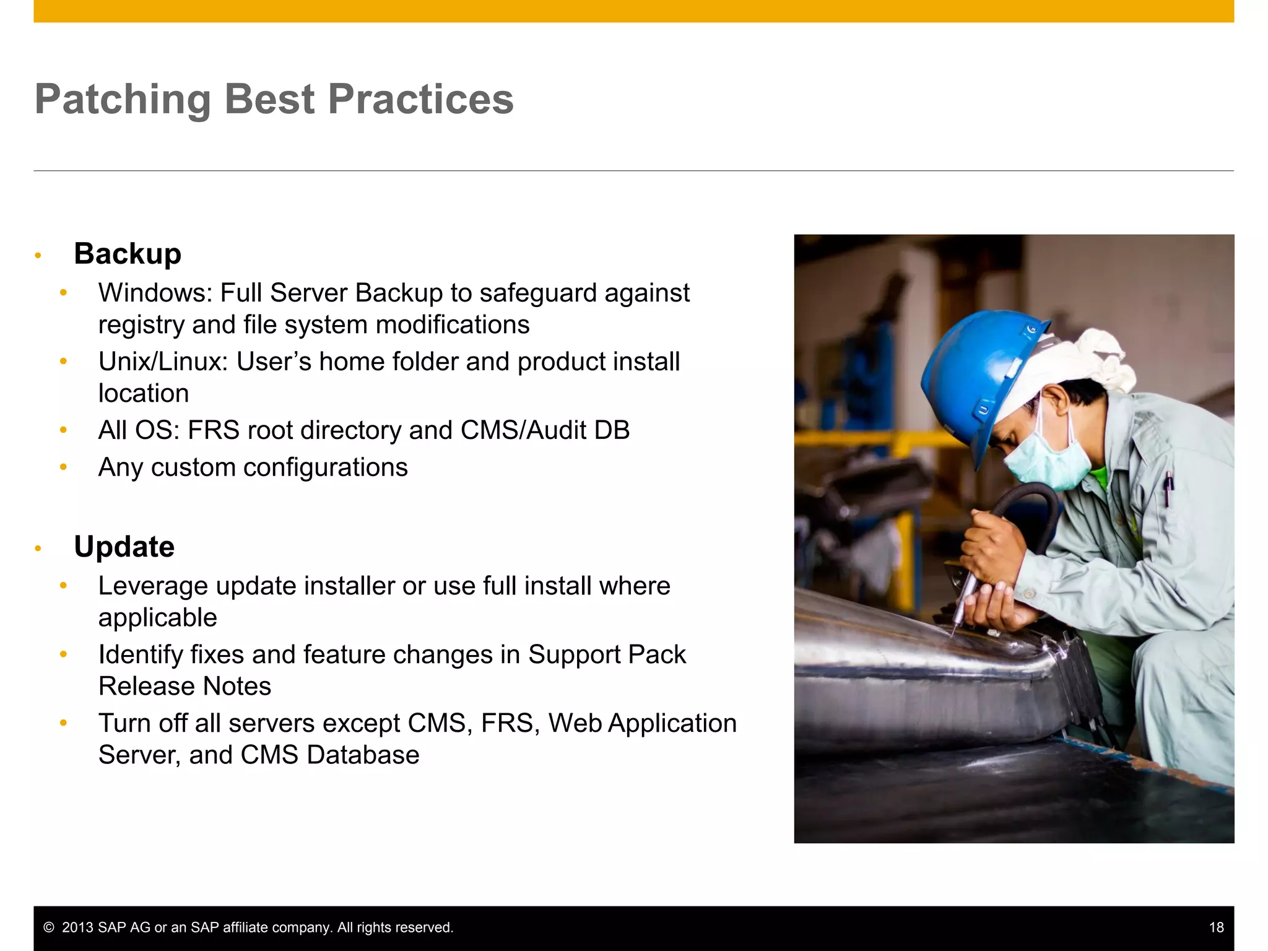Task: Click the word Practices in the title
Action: (420, 100)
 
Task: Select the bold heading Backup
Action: (128, 254)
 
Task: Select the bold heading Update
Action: (124, 547)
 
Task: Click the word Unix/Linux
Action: (162, 362)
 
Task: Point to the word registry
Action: (141, 325)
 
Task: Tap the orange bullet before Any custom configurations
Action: (63, 467)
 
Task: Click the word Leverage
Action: (153, 586)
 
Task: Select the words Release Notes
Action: (185, 687)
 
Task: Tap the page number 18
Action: (1216, 927)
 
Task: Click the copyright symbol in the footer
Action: (49, 927)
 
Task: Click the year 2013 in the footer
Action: (78, 927)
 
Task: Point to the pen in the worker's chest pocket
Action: (1168, 489)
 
